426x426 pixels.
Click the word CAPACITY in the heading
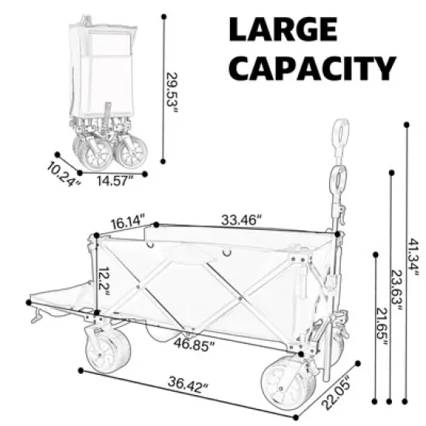(x=314, y=69)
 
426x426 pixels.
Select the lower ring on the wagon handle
(x=338, y=180)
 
